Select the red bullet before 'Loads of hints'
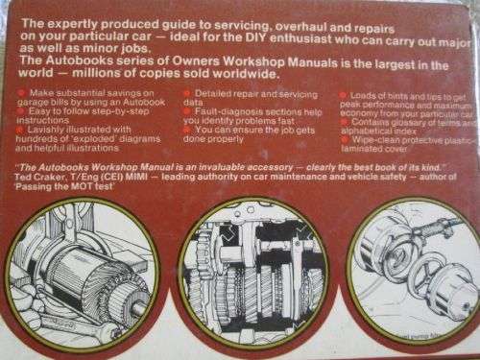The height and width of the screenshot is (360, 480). [345, 94]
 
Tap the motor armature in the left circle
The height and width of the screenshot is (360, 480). [86, 274]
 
